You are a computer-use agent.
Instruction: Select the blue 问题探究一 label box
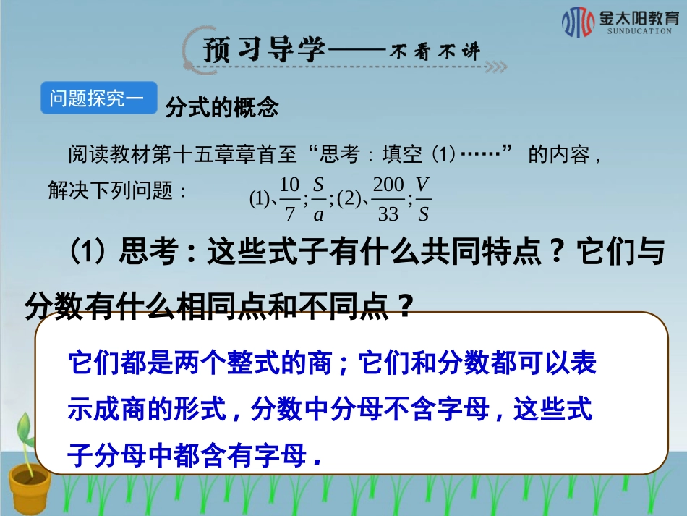[98, 98]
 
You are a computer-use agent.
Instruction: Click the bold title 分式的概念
[222, 109]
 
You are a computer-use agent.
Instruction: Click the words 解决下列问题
[110, 191]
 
